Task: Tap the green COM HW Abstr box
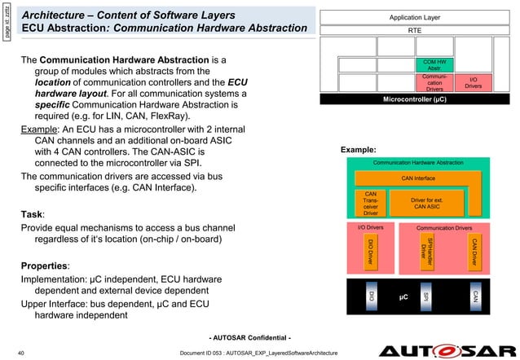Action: [x=434, y=64]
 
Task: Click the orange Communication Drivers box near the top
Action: [x=434, y=82]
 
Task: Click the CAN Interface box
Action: [x=418, y=178]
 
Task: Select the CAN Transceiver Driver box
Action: [x=371, y=203]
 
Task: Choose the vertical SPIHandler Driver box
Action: [x=425, y=251]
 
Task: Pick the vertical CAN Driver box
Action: [x=474, y=250]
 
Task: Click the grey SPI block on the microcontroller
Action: [x=425, y=298]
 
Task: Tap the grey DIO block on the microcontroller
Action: [x=371, y=298]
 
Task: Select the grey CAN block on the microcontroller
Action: [x=474, y=298]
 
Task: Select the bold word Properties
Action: [x=46, y=266]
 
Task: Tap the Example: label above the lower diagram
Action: [x=358, y=150]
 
